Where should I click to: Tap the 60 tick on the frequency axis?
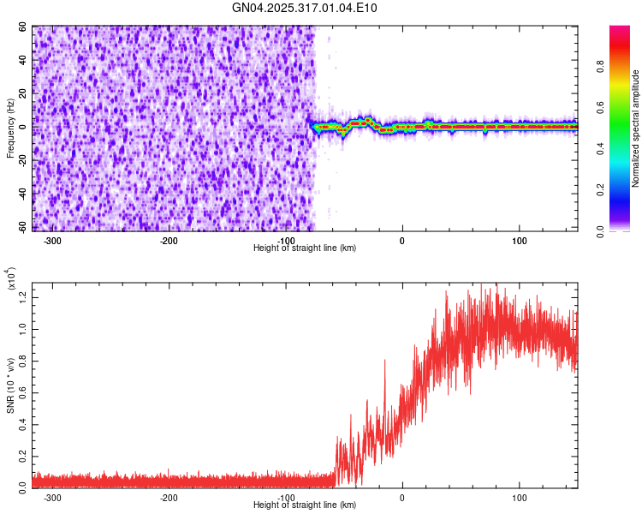click(x=24, y=27)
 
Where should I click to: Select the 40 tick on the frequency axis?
click(x=24, y=61)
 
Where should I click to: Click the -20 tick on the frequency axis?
click(x=22, y=160)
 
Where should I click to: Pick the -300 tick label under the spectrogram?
click(x=52, y=241)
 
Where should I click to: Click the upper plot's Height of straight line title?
click(x=305, y=248)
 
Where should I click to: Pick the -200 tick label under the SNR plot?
click(x=169, y=497)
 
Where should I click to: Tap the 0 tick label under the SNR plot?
click(x=402, y=497)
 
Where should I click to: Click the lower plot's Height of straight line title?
click(x=305, y=505)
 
